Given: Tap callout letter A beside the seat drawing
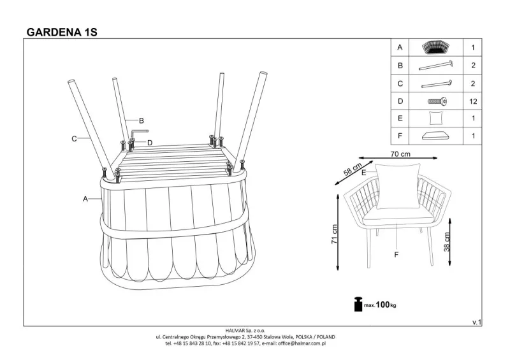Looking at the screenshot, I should (x=84, y=199).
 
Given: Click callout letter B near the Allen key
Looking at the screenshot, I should (x=142, y=120).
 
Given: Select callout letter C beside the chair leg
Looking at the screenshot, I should (x=74, y=138).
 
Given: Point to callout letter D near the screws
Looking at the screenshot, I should (x=149, y=142).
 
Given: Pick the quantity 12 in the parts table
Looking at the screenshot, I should (x=472, y=101).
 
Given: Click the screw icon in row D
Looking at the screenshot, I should (x=436, y=101).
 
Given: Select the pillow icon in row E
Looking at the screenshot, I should (x=436, y=119).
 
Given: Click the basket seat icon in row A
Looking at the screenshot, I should (x=436, y=48).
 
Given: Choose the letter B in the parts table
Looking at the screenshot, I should (x=400, y=66).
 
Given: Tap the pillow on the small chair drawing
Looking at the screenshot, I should (x=397, y=185).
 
